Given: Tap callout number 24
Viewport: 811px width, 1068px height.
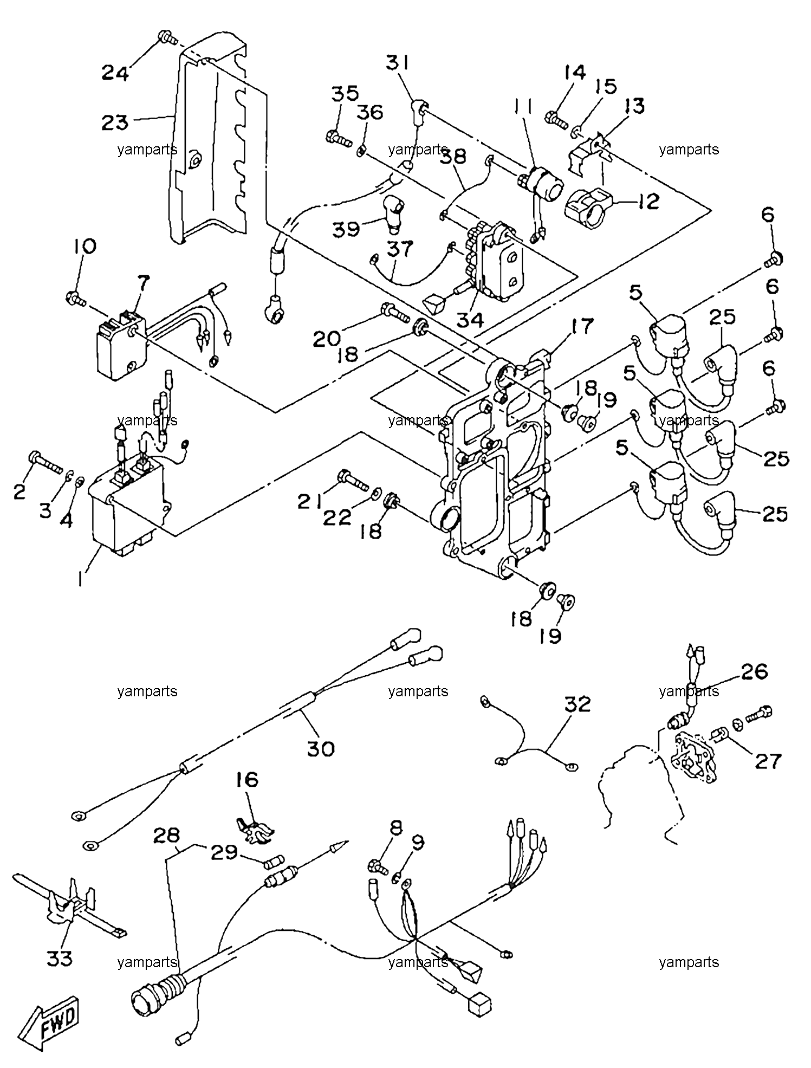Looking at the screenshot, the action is (116, 72).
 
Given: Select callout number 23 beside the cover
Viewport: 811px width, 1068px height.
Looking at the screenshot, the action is (115, 122).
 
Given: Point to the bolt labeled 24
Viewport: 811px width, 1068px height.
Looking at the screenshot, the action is (166, 38).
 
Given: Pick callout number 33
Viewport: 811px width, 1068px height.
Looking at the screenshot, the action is (59, 958).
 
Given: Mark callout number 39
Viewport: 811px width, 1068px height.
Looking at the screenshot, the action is (346, 228).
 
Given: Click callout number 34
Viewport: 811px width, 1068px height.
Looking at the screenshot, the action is (469, 320).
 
